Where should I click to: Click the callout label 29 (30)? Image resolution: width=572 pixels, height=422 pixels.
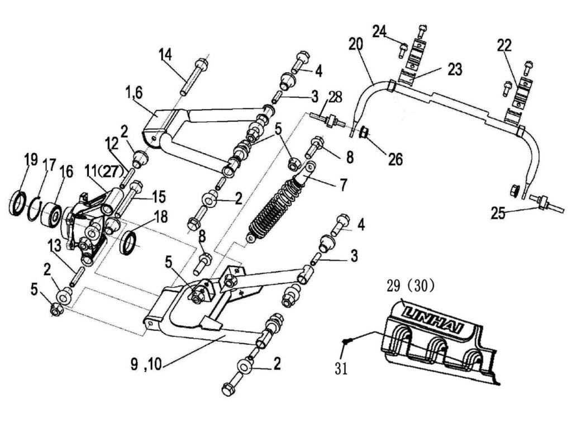410,286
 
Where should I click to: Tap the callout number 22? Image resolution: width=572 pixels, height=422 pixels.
504,45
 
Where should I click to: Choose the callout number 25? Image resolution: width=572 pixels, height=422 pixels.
499,213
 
